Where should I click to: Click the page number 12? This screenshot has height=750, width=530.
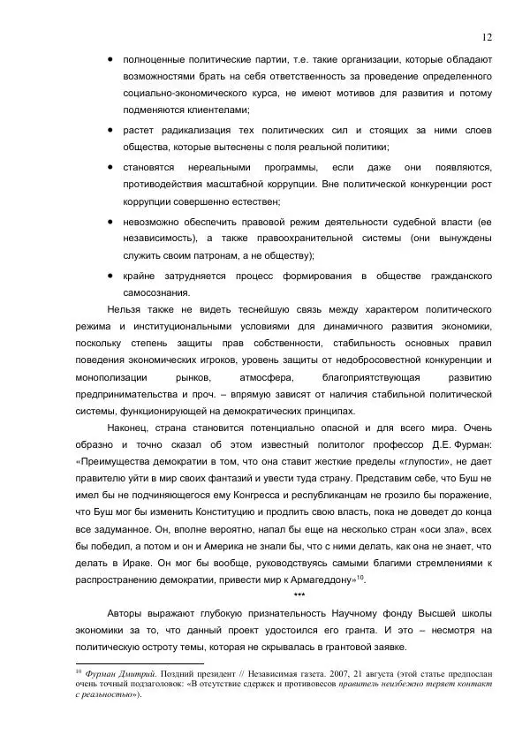click(487, 36)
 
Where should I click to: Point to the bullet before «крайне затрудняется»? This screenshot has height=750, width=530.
click(110, 276)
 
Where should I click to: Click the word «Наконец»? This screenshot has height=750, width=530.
click(130, 427)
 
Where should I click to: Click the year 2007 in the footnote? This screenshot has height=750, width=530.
click(324, 673)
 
